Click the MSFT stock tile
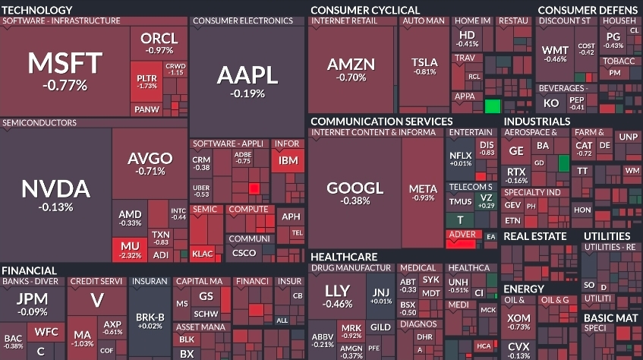tap(65, 70)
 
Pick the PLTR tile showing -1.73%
tap(147, 81)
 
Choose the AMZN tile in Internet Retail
tap(351, 69)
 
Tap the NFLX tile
tap(461, 158)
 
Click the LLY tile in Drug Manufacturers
tap(337, 295)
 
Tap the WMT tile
tap(555, 55)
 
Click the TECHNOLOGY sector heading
tap(37, 8)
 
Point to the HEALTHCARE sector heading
tap(344, 257)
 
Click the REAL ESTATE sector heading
tap(534, 236)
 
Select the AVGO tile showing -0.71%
tap(150, 163)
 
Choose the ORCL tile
tap(159, 43)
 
